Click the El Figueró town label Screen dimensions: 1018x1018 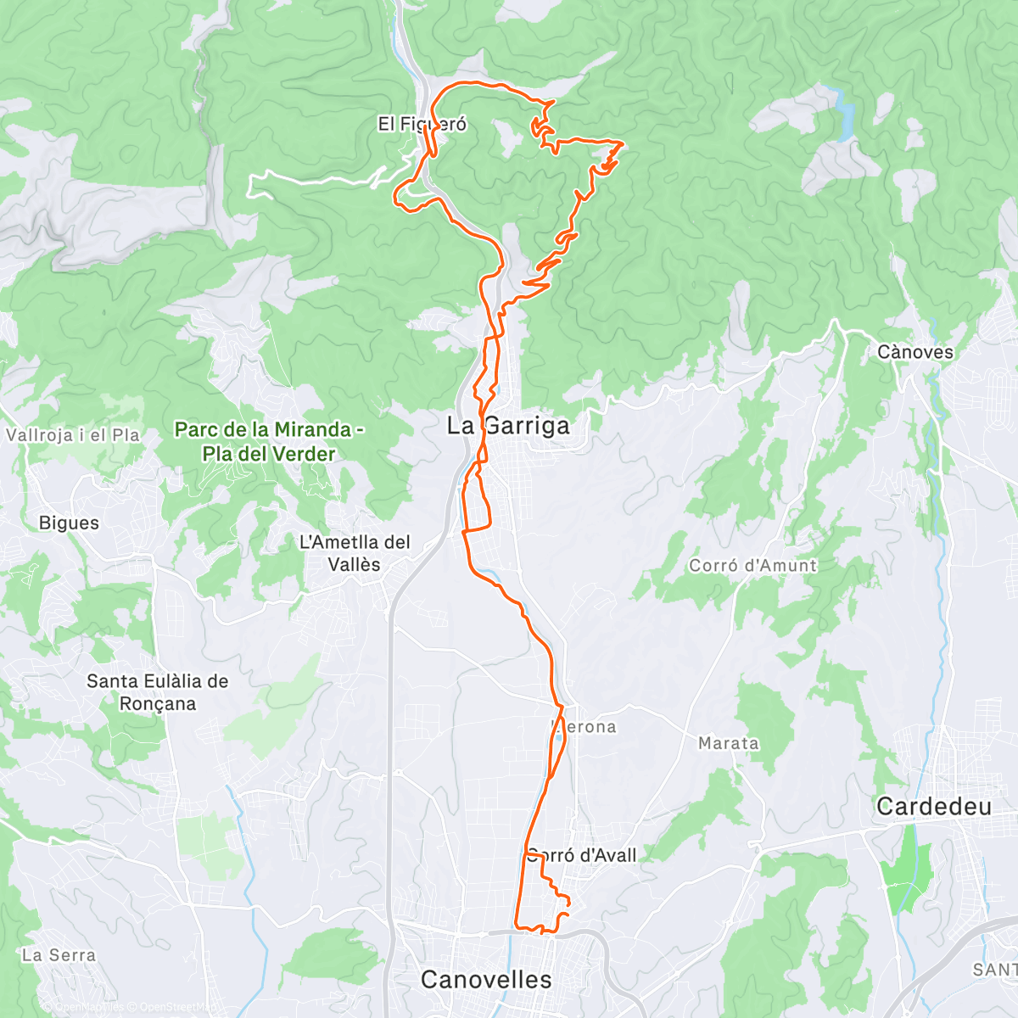(x=422, y=125)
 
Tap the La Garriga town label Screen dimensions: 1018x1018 (x=509, y=426)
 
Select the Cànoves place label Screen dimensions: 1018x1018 (x=915, y=352)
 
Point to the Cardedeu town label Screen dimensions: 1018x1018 (x=933, y=806)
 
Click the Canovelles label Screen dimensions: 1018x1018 (x=486, y=980)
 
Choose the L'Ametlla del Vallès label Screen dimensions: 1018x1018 (x=355, y=553)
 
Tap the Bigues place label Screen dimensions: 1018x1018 (x=69, y=523)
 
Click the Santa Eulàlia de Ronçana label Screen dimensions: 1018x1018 (x=158, y=692)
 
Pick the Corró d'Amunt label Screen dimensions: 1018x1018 (x=752, y=566)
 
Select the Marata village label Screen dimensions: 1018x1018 (x=728, y=743)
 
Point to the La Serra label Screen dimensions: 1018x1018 (x=59, y=955)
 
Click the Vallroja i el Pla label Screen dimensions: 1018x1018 (x=73, y=435)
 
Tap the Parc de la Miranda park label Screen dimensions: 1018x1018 (x=269, y=441)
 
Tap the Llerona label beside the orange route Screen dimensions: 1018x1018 (x=587, y=727)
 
